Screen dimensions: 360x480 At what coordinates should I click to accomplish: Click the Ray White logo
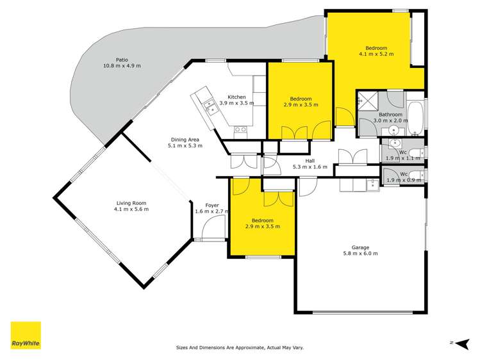[26, 335]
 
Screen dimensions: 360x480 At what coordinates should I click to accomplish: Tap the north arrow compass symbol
[459, 343]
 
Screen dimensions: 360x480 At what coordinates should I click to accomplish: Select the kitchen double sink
[210, 106]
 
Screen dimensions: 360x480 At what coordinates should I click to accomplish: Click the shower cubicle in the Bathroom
[368, 100]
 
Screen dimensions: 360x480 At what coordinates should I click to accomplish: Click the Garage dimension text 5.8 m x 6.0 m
[360, 254]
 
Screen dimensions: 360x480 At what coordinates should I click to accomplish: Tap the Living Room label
[131, 202]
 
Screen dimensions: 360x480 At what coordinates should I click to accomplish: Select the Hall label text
[310, 161]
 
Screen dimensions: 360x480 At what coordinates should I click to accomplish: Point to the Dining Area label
[185, 140]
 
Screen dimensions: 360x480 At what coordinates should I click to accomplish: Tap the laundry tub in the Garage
[372, 184]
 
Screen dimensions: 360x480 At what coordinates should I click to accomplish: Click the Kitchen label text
[236, 97]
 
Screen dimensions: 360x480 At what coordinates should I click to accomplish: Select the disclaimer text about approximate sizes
[240, 348]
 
